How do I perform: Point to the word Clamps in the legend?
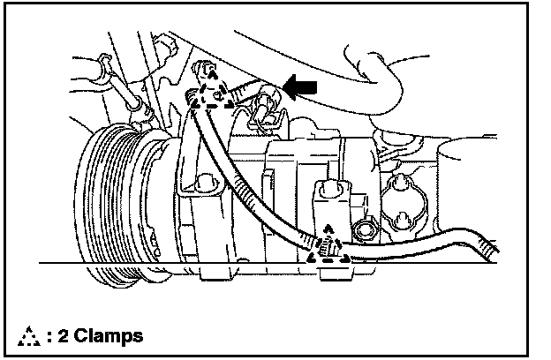tap(108, 335)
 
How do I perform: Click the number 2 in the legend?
tap(64, 335)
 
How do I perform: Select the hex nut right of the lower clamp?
tap(361, 231)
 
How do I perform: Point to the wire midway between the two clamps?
tap(256, 176)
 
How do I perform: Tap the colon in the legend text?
tap(49, 336)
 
